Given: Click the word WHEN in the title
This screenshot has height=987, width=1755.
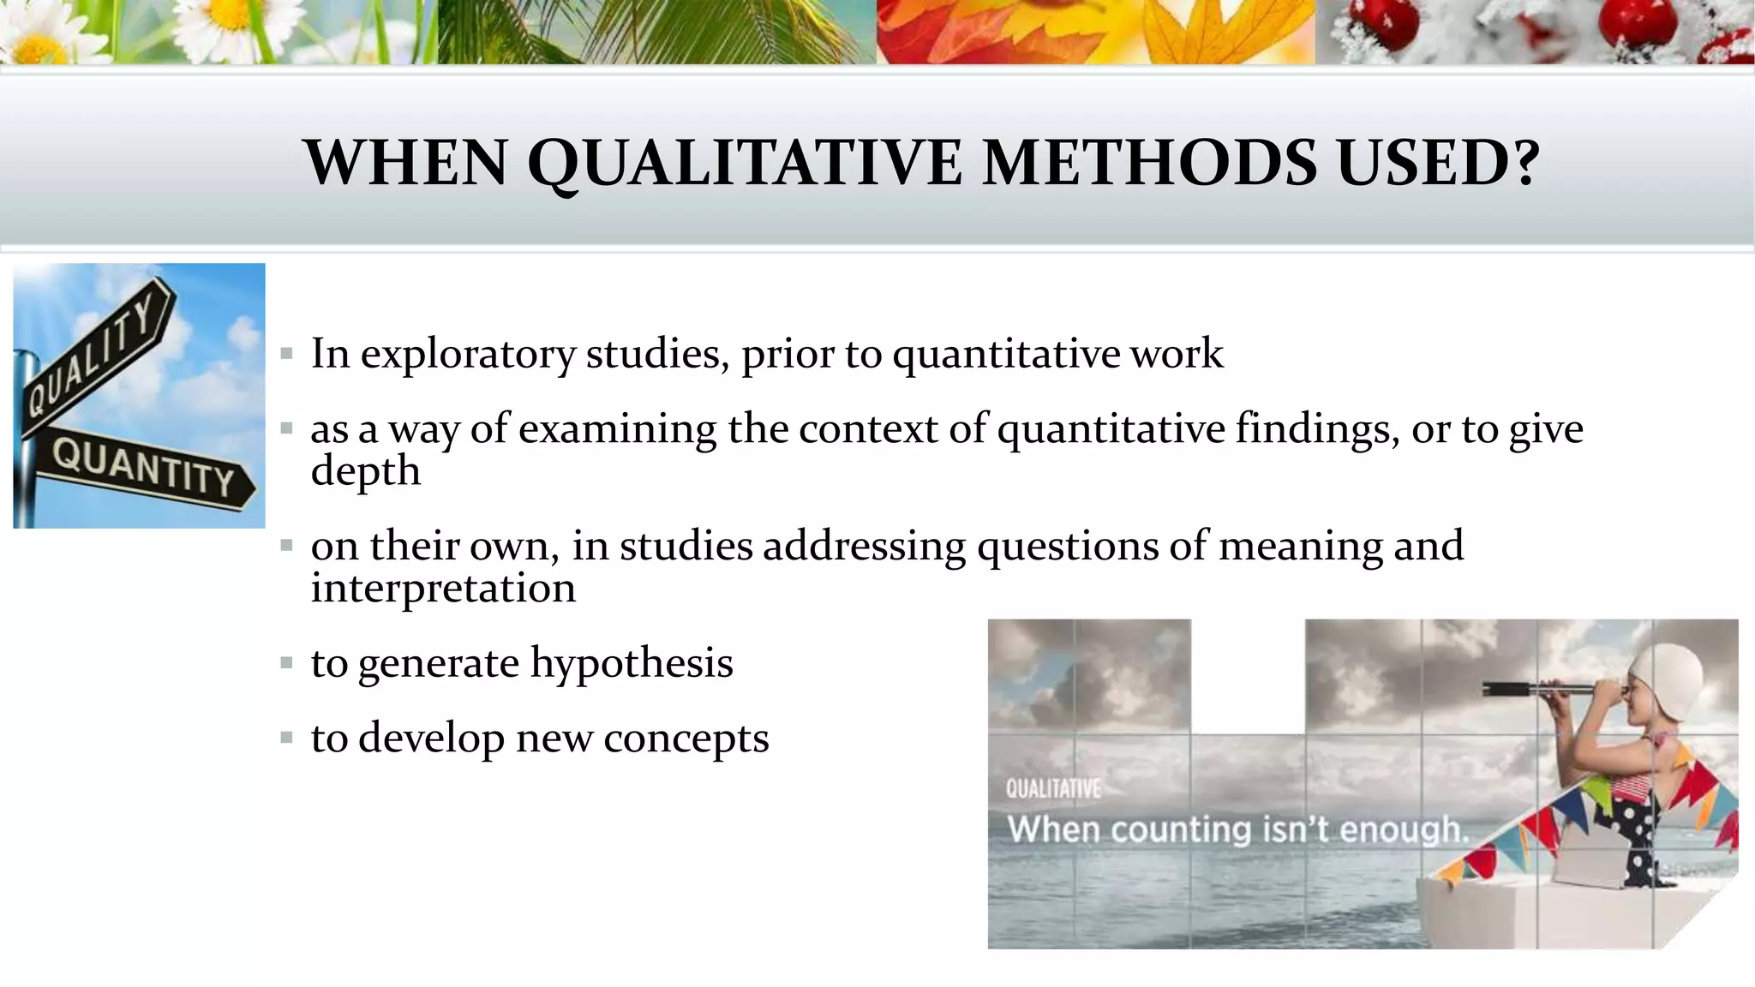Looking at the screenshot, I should [406, 163].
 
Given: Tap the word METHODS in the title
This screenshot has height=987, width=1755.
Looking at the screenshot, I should [1148, 163].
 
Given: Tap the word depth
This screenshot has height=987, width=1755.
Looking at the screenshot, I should [365, 471].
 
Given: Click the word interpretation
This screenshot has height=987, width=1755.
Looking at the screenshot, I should [442, 589].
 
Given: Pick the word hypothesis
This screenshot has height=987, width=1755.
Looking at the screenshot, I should [632, 663].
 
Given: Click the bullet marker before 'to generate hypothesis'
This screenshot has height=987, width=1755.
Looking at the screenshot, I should [286, 663].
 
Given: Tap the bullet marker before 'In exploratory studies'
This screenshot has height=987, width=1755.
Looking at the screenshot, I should [286, 353].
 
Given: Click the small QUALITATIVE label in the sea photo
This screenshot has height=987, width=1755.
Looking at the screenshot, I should [1052, 788].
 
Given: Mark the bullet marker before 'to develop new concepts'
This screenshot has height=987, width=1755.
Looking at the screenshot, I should [286, 738].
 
